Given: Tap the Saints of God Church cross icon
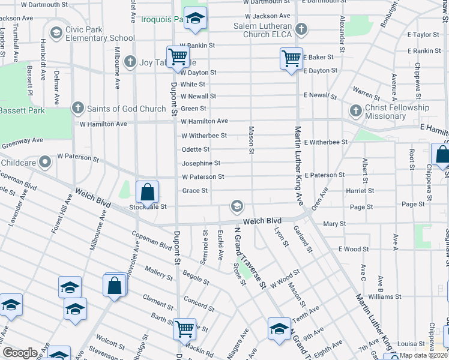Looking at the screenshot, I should coord(77,109).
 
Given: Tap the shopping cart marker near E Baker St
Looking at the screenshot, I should coord(291,58).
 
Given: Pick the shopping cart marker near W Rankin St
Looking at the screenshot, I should coord(178,57).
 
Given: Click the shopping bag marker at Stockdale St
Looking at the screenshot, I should coord(147,193).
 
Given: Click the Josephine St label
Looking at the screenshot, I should coord(201,163).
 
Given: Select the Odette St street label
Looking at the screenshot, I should coord(196,149).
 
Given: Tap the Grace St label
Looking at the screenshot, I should coord(194,191).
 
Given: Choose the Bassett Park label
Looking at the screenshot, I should coord(22,111).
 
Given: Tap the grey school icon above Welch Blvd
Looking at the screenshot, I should coord(237,207).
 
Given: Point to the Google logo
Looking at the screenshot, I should coord(20,353).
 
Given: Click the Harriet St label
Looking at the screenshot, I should coord(360,191).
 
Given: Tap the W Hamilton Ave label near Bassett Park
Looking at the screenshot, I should coord(104,124).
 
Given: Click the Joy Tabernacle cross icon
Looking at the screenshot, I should coord(130,61).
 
